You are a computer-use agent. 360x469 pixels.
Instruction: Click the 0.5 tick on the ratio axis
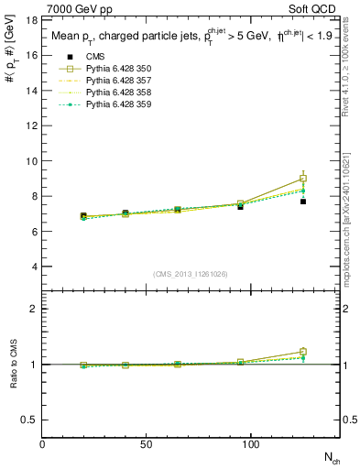pyautogui.click(x=29, y=420)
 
